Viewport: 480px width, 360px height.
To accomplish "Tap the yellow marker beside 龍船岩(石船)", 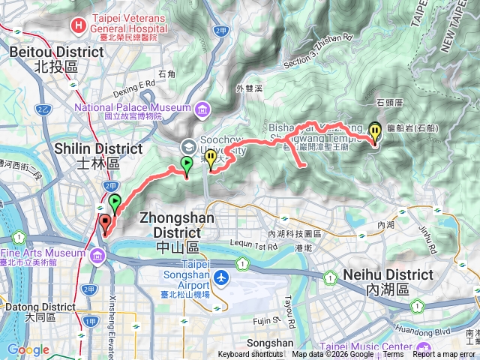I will [x=375, y=132].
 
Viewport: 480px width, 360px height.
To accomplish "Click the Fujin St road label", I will [x=265, y=321].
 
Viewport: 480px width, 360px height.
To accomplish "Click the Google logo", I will [x=28, y=350].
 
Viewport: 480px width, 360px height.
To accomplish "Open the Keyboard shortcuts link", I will [x=250, y=355].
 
